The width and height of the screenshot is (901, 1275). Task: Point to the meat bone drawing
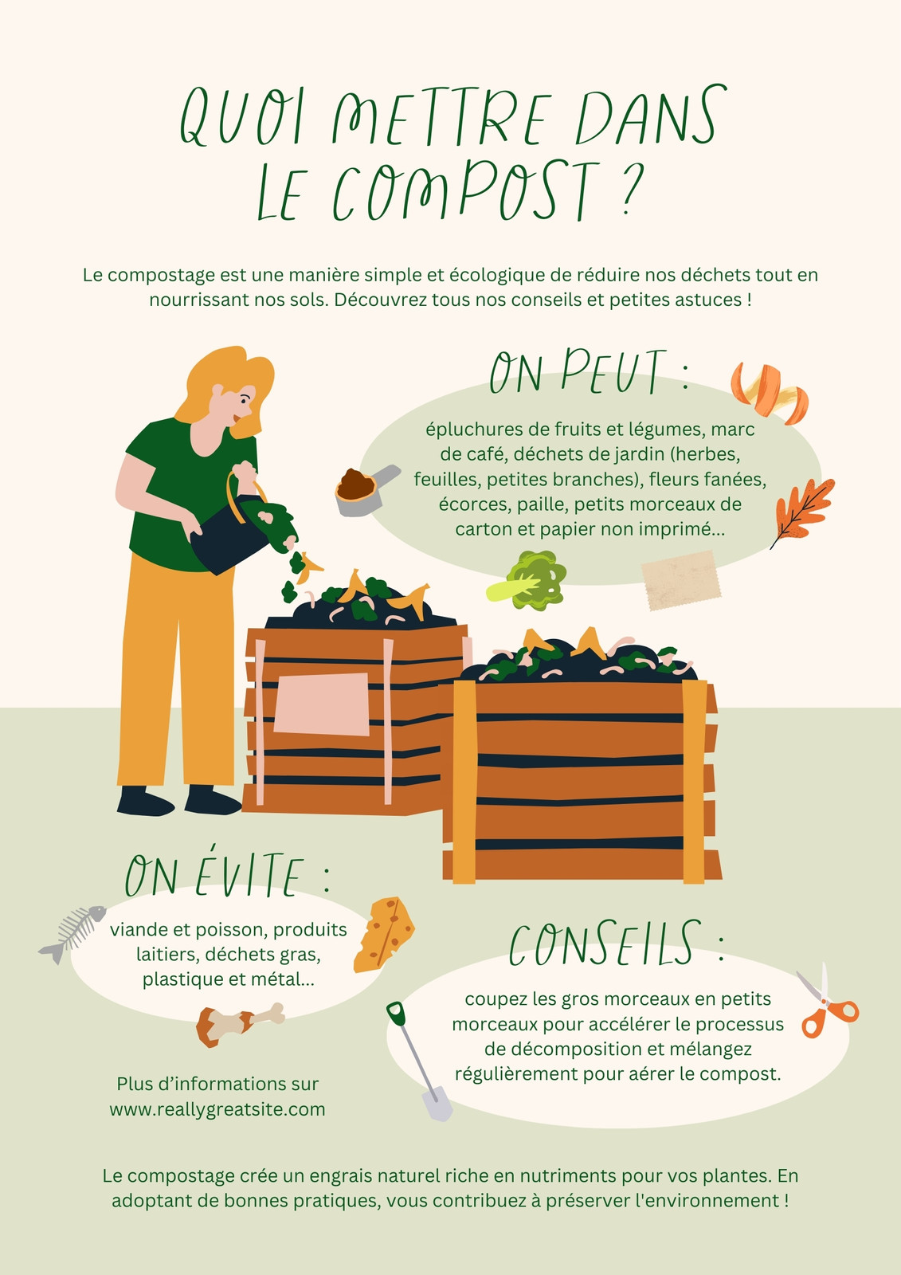pyautogui.click(x=239, y=1023)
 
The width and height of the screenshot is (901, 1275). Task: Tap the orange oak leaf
pyautogui.click(x=802, y=512)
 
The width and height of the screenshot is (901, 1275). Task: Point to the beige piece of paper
pyautogui.click(x=681, y=580)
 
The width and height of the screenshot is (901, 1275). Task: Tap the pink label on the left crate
pyautogui.click(x=322, y=704)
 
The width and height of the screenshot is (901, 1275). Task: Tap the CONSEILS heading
pyautogui.click(x=617, y=943)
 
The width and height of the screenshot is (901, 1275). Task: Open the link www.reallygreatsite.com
pyautogui.click(x=217, y=1110)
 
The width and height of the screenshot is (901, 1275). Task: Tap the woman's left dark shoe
pyautogui.click(x=145, y=802)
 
